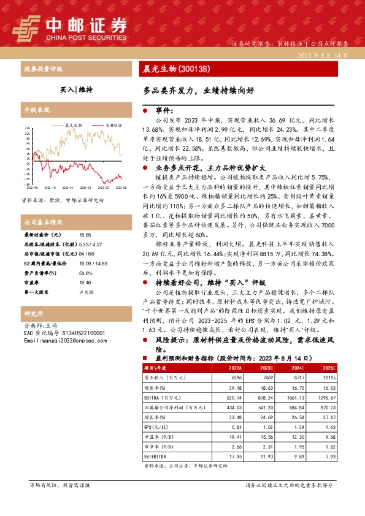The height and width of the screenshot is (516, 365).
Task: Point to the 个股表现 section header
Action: [37, 110]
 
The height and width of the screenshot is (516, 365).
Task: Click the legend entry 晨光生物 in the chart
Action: [75, 125]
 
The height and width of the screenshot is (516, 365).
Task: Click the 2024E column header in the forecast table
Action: [298, 367]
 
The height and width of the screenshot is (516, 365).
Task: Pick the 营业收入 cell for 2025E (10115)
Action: [327, 379]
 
